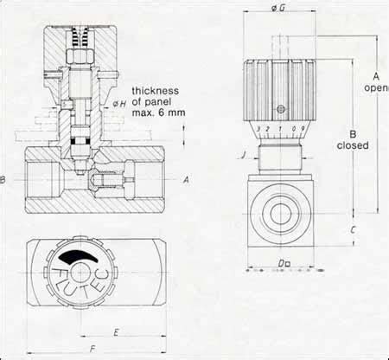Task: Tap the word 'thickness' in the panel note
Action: pos(156,91)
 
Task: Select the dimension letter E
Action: pos(115,331)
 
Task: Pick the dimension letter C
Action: pos(354,229)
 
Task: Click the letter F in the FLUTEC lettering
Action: pos(62,269)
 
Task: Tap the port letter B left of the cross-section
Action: pos(3,180)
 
